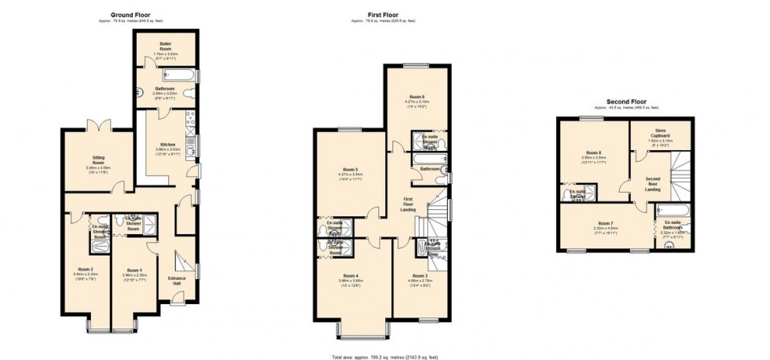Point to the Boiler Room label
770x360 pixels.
pos(165,44)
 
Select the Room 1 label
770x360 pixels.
pos(134,269)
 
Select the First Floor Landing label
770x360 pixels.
pos(409,204)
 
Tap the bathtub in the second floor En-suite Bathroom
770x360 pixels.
pos(672,211)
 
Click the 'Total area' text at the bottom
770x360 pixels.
pos(384,355)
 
